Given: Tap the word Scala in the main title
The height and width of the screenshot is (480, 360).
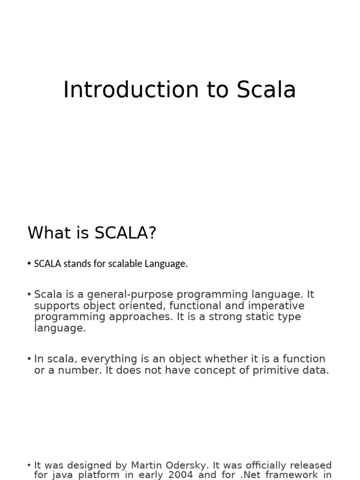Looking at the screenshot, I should [266, 90].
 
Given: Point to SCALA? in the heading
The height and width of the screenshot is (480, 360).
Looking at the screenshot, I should [125, 232].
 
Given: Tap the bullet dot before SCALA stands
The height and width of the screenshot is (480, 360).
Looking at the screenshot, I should [29, 263].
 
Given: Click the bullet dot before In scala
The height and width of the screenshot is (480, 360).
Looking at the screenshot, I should [29, 359].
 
